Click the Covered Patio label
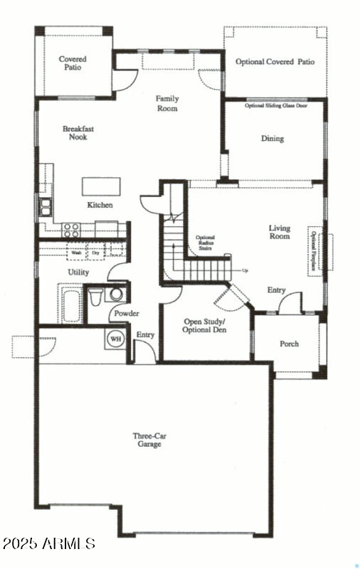click(73, 63)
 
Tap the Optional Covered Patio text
click(275, 62)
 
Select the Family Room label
click(167, 104)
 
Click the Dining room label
click(272, 139)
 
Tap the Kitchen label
click(100, 205)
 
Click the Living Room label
click(279, 232)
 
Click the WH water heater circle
click(115, 339)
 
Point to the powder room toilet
click(97, 296)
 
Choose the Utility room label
click(78, 272)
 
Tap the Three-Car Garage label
click(147, 440)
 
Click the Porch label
click(289, 344)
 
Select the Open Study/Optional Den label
click(205, 326)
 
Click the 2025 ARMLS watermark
click(48, 543)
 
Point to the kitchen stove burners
click(72, 229)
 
